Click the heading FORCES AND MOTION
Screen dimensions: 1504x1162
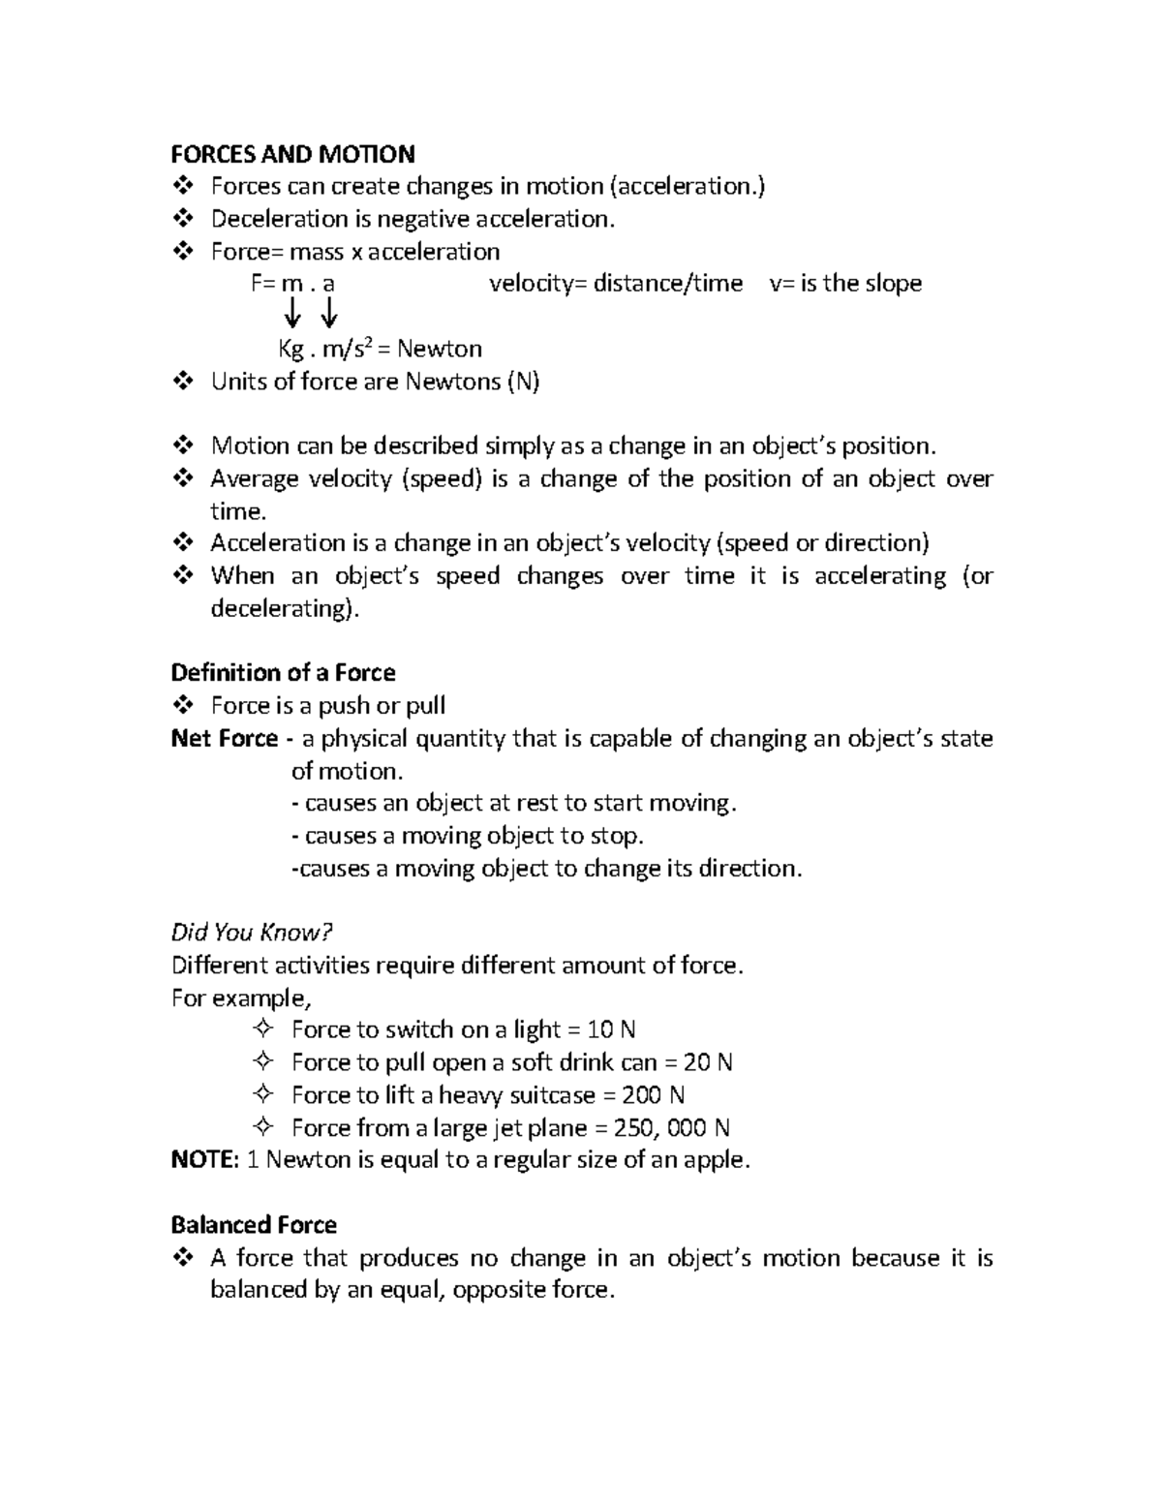292,154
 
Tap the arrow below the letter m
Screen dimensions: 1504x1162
292,313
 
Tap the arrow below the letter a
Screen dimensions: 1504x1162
328,313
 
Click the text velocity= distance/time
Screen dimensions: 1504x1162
616,284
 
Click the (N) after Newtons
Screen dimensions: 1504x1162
522,382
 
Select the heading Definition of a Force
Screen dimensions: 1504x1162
283,673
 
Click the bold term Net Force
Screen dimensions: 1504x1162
225,739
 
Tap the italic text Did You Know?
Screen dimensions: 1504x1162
252,933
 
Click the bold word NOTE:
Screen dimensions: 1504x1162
204,1160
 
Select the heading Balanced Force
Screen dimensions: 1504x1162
254,1225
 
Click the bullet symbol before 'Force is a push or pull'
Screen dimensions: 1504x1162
182,706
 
